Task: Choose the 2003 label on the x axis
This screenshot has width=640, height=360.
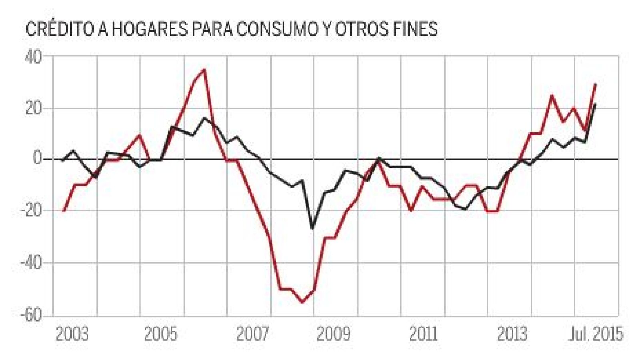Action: coord(72,334)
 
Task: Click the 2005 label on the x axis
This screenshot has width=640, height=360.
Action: coord(160,334)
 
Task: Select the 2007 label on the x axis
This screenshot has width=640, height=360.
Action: coord(253,334)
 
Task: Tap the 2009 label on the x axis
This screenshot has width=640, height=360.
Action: coord(334,334)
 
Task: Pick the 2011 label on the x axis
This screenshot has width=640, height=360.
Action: coord(424,334)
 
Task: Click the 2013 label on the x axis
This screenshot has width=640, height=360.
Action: coord(512,334)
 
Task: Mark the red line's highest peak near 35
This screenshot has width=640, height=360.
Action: coord(204,69)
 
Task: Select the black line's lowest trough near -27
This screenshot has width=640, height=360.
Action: coord(313,228)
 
